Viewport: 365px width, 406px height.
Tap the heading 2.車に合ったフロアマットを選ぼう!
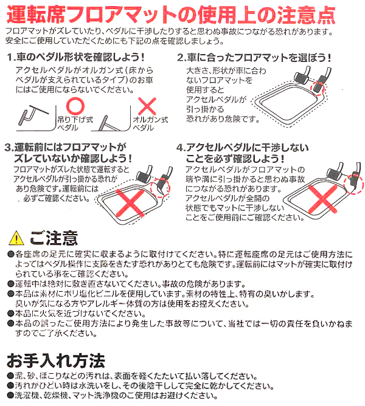coord(255,58)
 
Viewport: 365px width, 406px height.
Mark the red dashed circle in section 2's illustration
coord(318,89)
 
